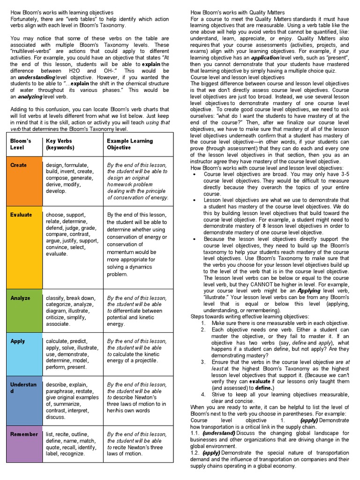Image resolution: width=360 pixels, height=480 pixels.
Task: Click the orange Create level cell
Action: coord(23,181)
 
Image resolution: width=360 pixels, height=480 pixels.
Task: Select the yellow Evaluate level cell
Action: coord(23,247)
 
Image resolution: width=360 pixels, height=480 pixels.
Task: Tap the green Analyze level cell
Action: coord(23,311)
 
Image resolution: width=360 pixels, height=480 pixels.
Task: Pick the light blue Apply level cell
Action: coord(23,354)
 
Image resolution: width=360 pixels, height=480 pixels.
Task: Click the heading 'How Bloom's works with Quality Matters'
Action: coord(238,12)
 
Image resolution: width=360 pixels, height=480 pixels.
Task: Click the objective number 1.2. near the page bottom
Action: coord(195,453)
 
